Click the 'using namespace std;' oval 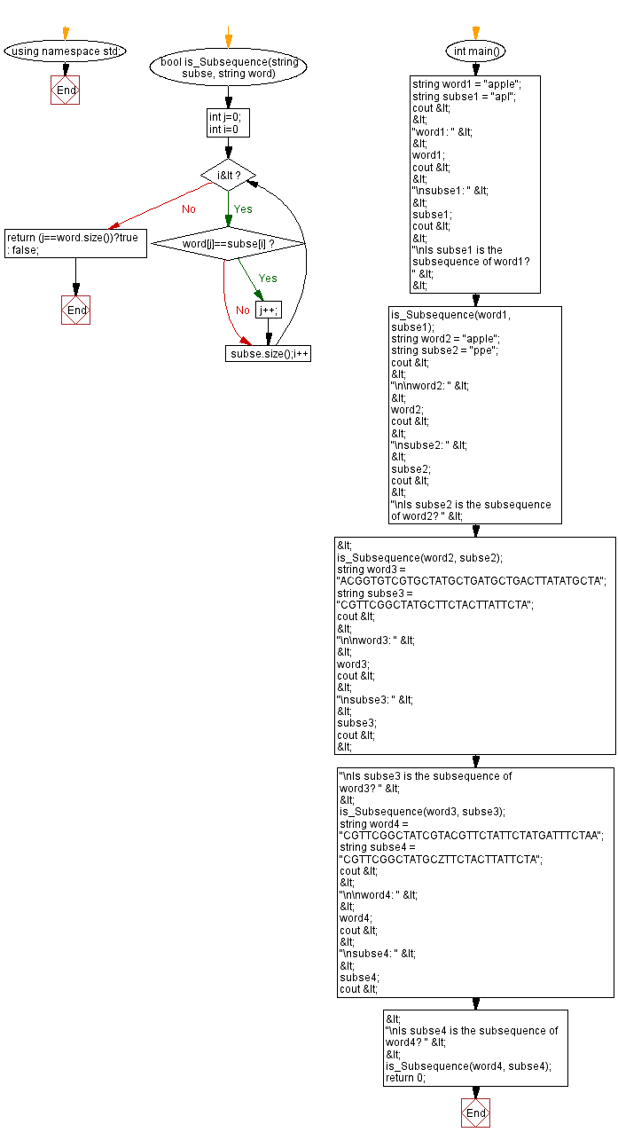point(66,51)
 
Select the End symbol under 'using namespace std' point(66,90)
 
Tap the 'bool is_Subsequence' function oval point(228,68)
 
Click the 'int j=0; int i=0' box point(228,122)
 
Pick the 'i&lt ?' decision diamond point(228,176)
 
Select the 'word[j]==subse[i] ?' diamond point(228,243)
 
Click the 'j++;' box point(268,310)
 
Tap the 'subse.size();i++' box point(268,353)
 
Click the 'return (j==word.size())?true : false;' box point(75,244)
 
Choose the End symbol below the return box point(75,310)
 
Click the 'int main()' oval point(476,51)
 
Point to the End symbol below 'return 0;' point(476,1112)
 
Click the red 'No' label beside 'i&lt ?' point(189,209)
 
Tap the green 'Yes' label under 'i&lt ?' point(243,209)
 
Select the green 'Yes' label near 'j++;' point(268,279)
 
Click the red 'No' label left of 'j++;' point(243,311)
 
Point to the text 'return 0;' point(405,1078)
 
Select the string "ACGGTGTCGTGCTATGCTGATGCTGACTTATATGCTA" point(472,581)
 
